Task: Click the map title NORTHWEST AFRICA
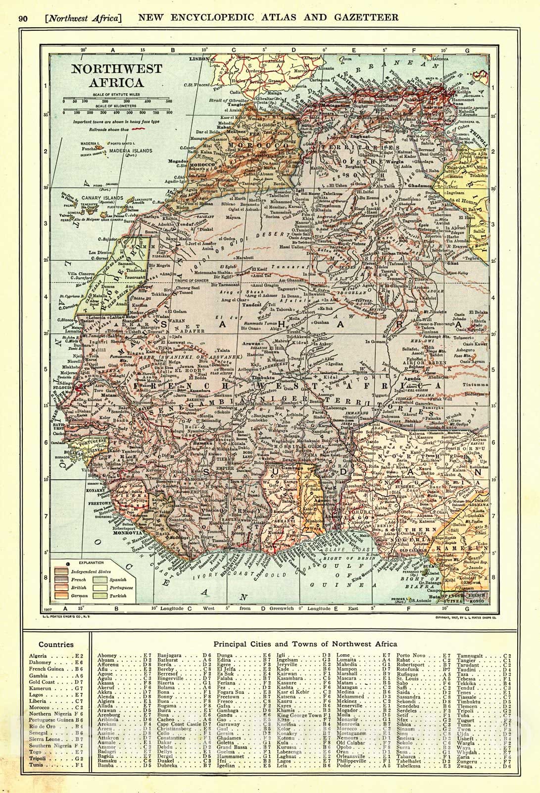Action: (105, 75)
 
